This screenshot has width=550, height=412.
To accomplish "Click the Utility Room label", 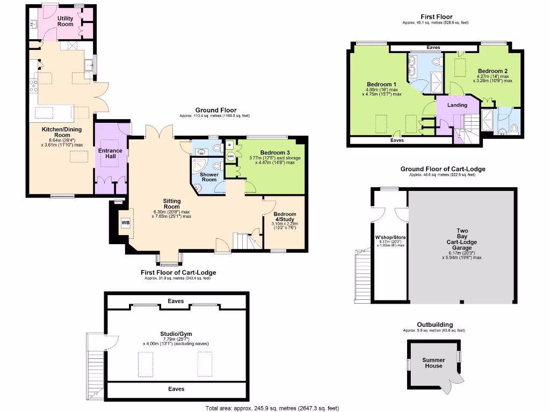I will click(65, 21).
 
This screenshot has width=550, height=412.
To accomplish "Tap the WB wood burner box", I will click(125, 223).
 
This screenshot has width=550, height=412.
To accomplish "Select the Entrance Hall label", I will click(110, 154).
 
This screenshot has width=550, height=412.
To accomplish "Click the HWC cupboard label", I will click(230, 157).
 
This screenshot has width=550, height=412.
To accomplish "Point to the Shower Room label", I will click(209, 177).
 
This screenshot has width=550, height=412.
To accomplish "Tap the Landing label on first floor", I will click(457, 105).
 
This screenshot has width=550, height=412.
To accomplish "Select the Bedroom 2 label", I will click(492, 71).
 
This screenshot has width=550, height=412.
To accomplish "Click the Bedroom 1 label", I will click(381, 85).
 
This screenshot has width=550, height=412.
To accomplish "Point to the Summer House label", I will click(433, 363).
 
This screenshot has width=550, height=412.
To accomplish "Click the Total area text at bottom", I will click(272, 408).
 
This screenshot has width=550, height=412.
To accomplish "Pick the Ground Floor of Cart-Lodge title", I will click(442, 169).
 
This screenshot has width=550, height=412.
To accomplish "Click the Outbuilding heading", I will click(435, 325).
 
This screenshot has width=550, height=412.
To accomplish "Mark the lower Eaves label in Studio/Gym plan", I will click(176, 389).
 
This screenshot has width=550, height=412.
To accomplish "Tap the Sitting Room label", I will click(172, 204).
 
